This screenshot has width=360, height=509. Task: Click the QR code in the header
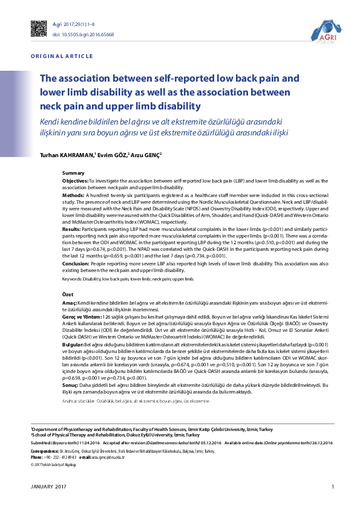click(x=39, y=28)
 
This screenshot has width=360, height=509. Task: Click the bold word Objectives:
click(x=76, y=181)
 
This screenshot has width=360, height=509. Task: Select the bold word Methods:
click(x=74, y=196)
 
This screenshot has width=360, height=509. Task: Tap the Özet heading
click(x=68, y=294)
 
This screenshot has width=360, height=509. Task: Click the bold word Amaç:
click(x=70, y=302)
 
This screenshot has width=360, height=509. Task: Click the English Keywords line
click(x=128, y=279)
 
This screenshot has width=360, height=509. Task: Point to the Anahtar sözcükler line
click(x=136, y=401)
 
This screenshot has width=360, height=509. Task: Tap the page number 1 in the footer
click(x=332, y=487)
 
